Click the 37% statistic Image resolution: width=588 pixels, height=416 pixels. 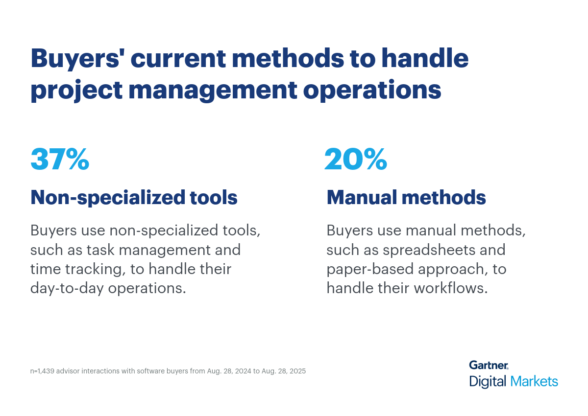60,159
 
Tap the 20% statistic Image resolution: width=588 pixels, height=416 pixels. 356,159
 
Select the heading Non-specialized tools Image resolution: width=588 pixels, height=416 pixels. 134,197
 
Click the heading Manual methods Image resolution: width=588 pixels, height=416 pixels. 406,197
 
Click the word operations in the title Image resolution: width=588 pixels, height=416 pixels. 372,91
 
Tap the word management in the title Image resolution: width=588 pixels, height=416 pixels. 213,91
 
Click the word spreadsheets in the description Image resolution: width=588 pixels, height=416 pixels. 429,250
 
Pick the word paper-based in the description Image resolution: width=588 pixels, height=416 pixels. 370,269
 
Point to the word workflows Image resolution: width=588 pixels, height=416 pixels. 451,288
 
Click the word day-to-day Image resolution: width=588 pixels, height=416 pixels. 67,289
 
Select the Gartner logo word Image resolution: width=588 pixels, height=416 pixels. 489,365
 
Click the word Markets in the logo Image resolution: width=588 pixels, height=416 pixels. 534,381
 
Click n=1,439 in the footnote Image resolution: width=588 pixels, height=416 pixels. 42,371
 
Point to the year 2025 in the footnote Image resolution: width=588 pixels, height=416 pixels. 297,371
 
